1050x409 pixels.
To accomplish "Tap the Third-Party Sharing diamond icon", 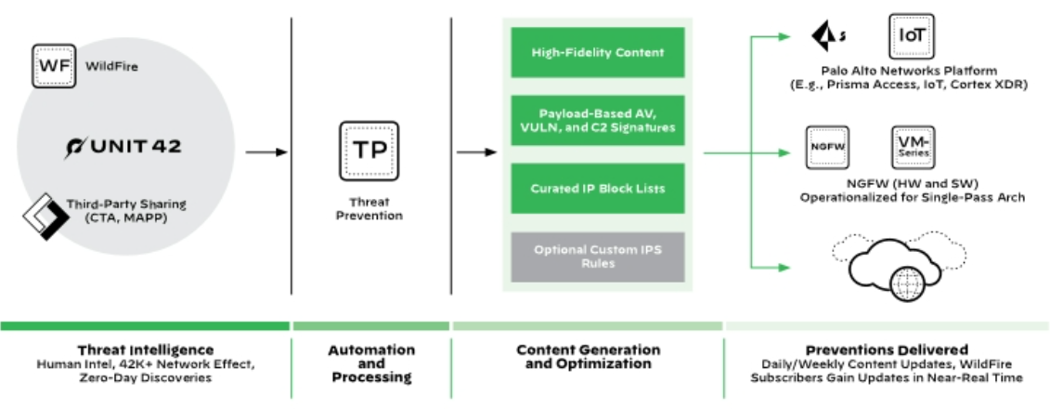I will [41, 215].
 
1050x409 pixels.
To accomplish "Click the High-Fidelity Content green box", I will [597, 53].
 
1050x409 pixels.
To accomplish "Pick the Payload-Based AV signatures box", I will [597, 120].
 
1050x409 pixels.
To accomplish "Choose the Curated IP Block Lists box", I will [597, 189].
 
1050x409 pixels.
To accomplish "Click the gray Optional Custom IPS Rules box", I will [597, 257].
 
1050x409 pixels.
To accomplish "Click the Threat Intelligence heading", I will [144, 350].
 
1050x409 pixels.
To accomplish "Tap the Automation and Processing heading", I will [371, 363].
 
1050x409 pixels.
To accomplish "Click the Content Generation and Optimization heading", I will [588, 357].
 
